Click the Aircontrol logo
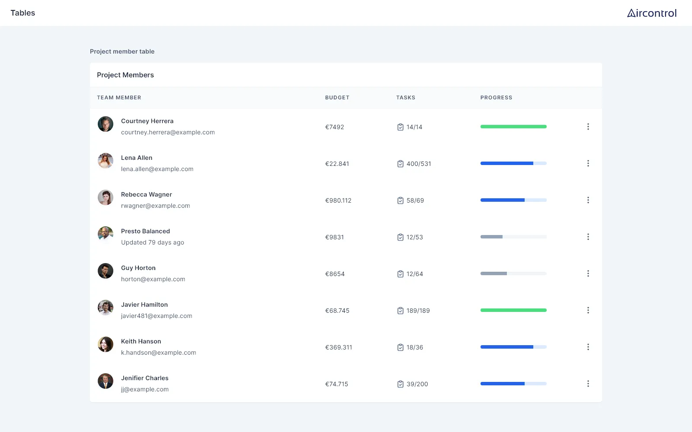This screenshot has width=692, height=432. tap(652, 13)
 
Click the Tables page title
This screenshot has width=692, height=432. tap(23, 13)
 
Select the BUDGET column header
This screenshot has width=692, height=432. tap(337, 98)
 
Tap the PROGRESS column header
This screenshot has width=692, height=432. tap(496, 98)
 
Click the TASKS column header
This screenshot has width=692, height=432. tap(406, 98)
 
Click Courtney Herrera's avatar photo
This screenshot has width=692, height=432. tap(106, 124)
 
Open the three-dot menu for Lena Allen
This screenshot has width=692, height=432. tap(588, 163)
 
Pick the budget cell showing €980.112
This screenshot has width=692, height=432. tap(338, 200)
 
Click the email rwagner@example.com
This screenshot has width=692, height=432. tap(155, 206)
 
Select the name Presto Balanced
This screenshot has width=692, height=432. tap(145, 231)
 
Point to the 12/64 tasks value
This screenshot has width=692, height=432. tap(415, 274)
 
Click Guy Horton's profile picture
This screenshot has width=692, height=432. tap(106, 271)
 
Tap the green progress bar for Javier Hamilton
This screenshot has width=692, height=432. tap(513, 310)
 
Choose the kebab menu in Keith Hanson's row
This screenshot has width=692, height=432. tap(588, 347)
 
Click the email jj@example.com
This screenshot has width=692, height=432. tap(145, 389)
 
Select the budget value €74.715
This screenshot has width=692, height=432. tap(336, 384)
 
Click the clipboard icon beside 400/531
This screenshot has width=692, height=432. tap(400, 164)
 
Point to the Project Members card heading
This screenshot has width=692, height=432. tap(125, 75)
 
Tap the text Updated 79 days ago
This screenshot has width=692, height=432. tap(153, 242)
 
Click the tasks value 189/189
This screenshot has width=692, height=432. tap(418, 311)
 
